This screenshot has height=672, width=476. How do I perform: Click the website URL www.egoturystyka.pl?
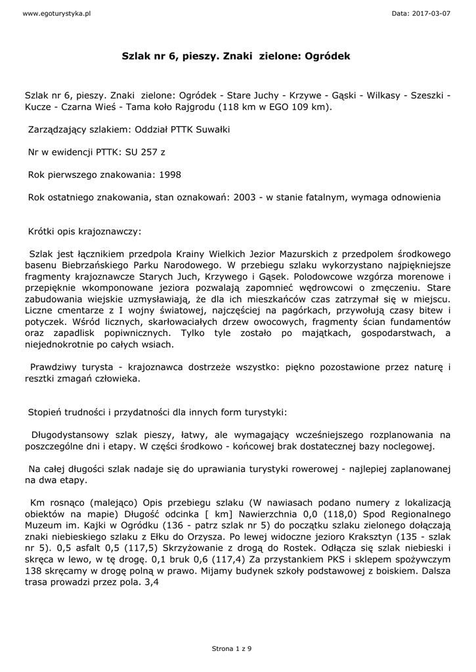tap(47, 13)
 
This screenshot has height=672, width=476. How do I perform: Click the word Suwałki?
tap(211, 129)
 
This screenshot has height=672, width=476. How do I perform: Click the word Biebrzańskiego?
tap(93, 265)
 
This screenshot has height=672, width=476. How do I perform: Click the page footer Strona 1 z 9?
tap(230, 648)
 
